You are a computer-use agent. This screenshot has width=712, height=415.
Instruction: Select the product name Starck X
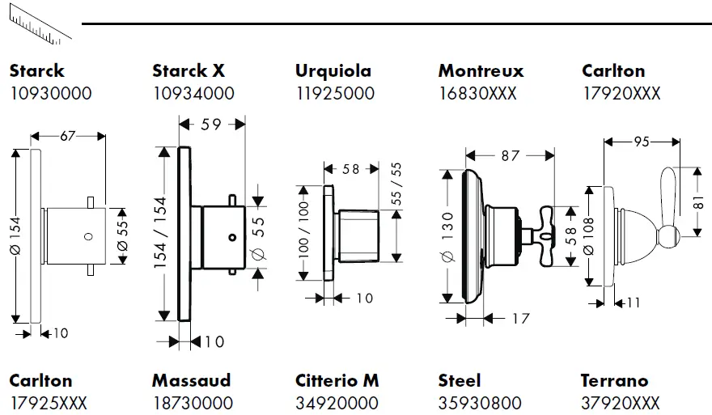[x=189, y=71]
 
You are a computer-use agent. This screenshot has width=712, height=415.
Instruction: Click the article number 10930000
[x=50, y=93]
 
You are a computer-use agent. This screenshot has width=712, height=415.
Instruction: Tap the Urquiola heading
[x=333, y=71]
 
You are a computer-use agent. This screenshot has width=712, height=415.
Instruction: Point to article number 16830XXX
[x=477, y=93]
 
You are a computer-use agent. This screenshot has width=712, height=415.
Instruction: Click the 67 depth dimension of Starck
[x=67, y=136]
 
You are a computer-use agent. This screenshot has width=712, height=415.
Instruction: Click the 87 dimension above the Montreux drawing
[x=510, y=155]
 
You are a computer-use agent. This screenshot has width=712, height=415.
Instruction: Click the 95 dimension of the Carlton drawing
[x=642, y=142]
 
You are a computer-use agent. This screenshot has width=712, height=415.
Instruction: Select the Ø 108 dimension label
[x=588, y=236]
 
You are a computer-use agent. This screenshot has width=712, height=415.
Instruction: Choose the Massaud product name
[x=191, y=380]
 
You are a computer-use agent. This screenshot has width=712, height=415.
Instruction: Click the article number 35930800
[x=478, y=402]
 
